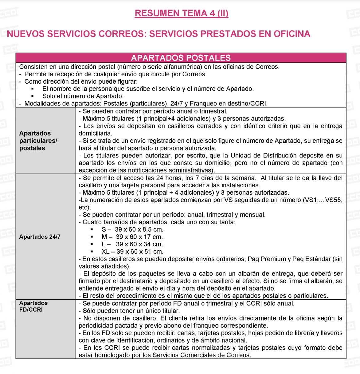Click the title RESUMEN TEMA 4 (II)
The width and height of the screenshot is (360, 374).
(x=182, y=13)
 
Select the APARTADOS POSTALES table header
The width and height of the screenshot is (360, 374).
(x=181, y=58)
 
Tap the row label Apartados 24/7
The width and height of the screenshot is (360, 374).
(x=40, y=237)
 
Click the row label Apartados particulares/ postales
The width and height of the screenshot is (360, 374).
(x=38, y=141)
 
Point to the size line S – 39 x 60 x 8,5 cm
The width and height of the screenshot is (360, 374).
(x=132, y=229)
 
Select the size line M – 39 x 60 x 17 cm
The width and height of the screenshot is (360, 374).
(x=132, y=237)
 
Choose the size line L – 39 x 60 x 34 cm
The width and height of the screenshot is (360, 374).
(x=132, y=244)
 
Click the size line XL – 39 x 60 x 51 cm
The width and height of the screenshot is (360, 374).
(x=132, y=252)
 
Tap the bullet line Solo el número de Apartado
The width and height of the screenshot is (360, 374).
(x=83, y=96)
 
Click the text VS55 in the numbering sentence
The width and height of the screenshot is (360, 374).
(x=334, y=200)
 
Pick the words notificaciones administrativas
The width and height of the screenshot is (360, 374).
(x=174, y=170)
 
